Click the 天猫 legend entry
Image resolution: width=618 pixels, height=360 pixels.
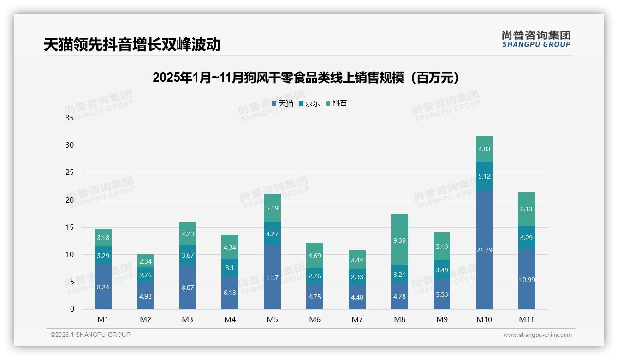coord(283,103)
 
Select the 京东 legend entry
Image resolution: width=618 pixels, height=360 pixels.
coord(309,103)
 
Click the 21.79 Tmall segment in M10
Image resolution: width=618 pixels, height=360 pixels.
coord(484,250)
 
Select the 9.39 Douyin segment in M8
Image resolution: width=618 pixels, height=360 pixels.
coord(399,240)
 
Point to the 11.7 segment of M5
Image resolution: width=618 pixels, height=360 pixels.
coord(272,277)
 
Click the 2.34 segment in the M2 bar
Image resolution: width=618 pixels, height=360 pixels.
coord(145,261)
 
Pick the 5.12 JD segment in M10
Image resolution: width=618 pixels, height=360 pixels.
coord(484,176)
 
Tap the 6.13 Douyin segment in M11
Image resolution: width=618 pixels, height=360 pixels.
coord(526,209)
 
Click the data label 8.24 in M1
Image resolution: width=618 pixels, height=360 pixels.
coord(103,287)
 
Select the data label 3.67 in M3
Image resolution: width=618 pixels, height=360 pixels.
coord(188,255)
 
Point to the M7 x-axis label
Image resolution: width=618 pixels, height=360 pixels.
coord(357,319)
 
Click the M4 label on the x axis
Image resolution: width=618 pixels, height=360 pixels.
coord(230,319)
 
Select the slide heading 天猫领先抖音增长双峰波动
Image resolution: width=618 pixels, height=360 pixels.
coord(132,44)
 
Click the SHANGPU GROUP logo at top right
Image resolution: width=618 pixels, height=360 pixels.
coord(536,39)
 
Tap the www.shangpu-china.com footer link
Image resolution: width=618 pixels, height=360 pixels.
coord(537,335)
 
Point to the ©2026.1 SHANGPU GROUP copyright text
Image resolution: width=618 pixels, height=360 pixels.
coord(90,335)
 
